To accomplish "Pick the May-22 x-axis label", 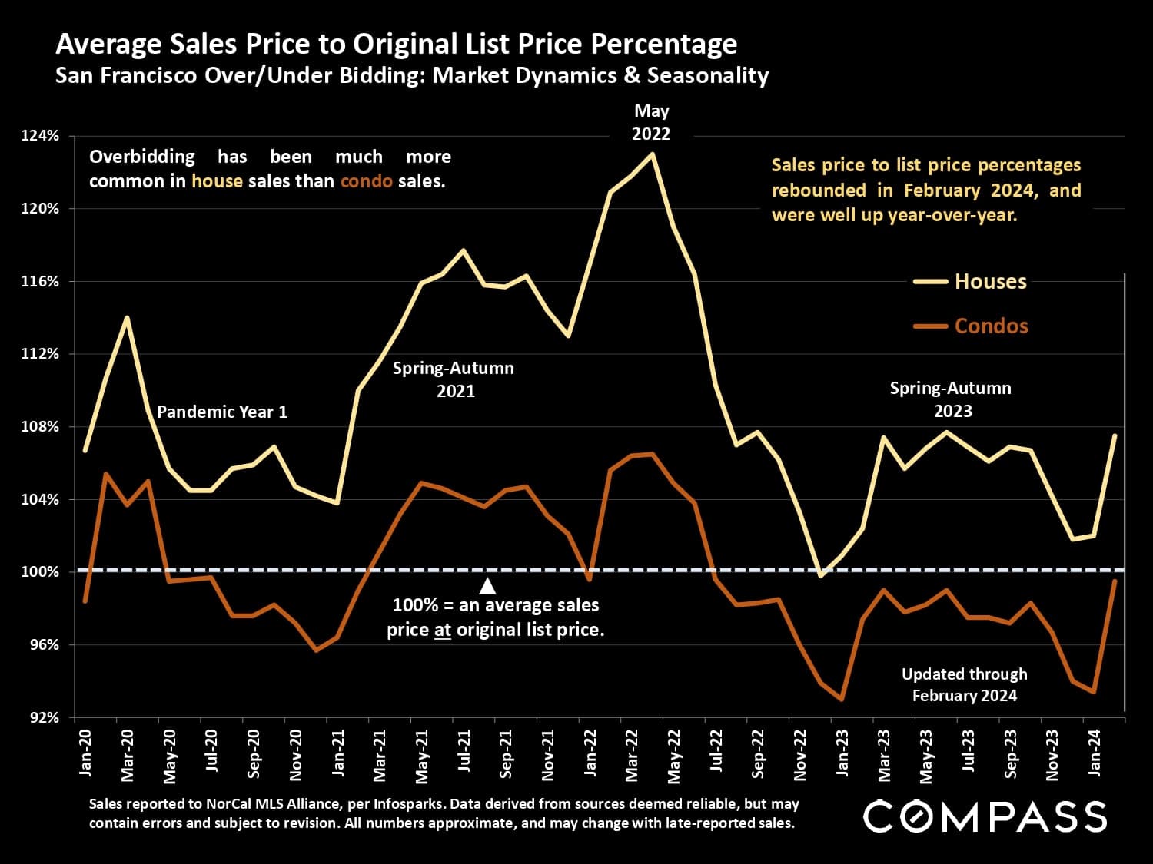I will point(674,756).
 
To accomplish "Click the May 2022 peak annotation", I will point(651,123).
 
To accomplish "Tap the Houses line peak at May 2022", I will point(653,154).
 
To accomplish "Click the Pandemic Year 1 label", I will point(222,412).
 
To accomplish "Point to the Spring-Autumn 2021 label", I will point(454,379).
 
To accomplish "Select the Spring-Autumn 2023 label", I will point(951,399).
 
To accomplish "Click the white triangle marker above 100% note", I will point(487,587).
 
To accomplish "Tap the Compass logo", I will point(985,816).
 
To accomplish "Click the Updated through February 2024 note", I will point(964,684).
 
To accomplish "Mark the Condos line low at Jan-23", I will point(842,699).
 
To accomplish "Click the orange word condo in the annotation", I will point(367,181).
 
